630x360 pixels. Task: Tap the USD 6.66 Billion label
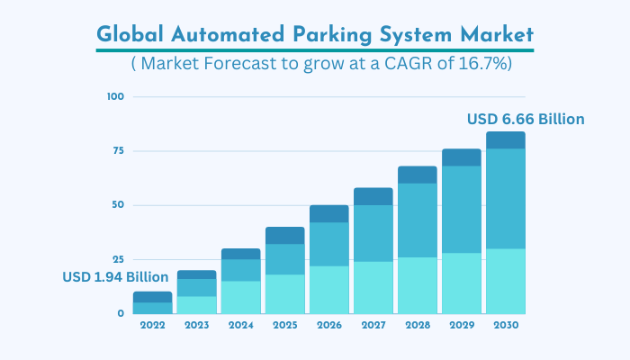[x=526, y=119]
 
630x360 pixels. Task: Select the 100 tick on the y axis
[x=115, y=96]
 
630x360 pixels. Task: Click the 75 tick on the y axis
[x=118, y=151]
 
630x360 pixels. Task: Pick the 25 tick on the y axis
[x=118, y=259]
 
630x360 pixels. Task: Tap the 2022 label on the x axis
[x=152, y=324]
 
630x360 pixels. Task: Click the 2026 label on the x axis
[x=328, y=324]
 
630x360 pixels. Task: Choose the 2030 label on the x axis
[x=505, y=324]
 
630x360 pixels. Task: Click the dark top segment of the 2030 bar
[x=505, y=140]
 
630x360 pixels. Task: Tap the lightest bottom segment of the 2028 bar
[x=417, y=285]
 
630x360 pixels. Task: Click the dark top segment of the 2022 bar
[x=152, y=297]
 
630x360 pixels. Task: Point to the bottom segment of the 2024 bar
[x=240, y=297]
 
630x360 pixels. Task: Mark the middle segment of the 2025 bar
[x=284, y=259]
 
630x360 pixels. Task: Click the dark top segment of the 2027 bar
[x=373, y=196]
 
